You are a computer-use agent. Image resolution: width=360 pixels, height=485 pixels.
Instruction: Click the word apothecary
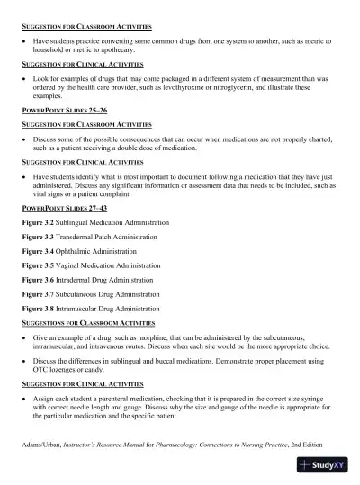point(126,50)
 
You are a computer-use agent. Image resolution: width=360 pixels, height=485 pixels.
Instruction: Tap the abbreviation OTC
point(41,369)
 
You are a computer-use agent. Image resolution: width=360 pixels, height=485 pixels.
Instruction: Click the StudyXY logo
point(324,465)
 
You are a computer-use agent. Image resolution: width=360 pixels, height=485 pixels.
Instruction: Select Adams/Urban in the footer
point(42,445)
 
